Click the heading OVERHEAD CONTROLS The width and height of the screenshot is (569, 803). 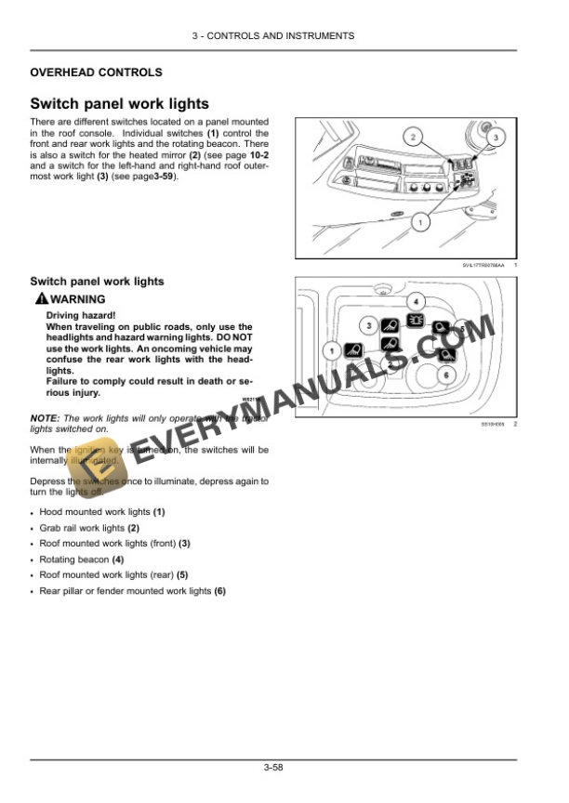click(96, 72)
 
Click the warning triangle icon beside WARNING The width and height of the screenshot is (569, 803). click(40, 299)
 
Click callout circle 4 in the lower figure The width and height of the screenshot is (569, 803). click(416, 301)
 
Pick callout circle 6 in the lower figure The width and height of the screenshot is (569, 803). click(444, 374)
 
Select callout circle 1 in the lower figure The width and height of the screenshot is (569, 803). click(329, 350)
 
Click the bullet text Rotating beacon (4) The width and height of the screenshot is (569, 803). click(81, 559)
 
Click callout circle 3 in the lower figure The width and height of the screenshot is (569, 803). click(368, 325)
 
